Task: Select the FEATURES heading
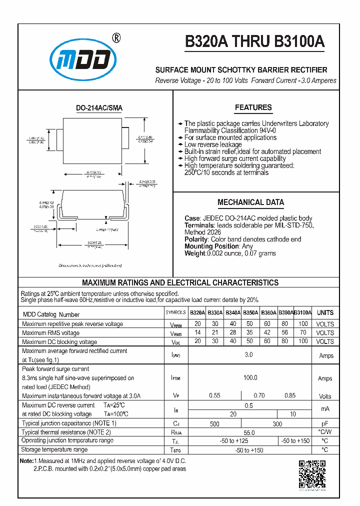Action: click(253, 107)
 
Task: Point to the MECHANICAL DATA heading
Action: click(250, 202)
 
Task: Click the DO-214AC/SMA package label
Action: click(99, 108)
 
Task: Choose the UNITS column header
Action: click(325, 312)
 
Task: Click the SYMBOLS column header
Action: click(175, 313)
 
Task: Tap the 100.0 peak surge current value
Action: click(250, 378)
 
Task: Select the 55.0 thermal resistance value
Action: click(248, 432)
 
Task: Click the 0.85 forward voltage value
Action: click(290, 396)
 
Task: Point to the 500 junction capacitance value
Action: click(214, 424)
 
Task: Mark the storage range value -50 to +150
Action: click(250, 450)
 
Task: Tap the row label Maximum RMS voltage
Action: click(50, 333)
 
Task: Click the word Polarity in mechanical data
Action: click(196, 239)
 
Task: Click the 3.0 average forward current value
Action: click(248, 354)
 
